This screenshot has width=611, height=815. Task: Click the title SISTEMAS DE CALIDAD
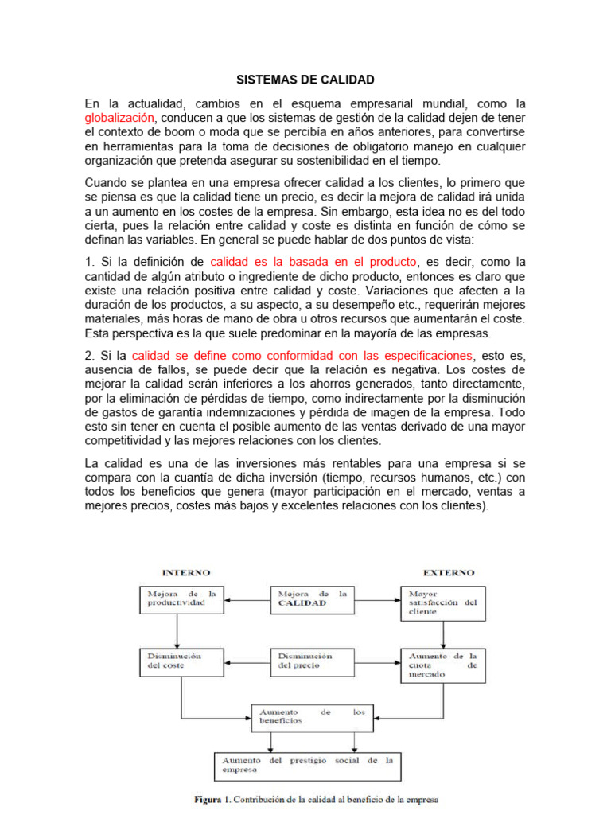point(305,80)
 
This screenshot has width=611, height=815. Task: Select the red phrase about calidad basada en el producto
point(313,262)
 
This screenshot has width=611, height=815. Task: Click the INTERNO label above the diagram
point(185,572)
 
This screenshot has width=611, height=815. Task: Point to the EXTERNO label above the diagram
point(448,572)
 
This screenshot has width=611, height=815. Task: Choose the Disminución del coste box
point(182,665)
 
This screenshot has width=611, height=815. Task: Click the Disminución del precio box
point(313,665)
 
